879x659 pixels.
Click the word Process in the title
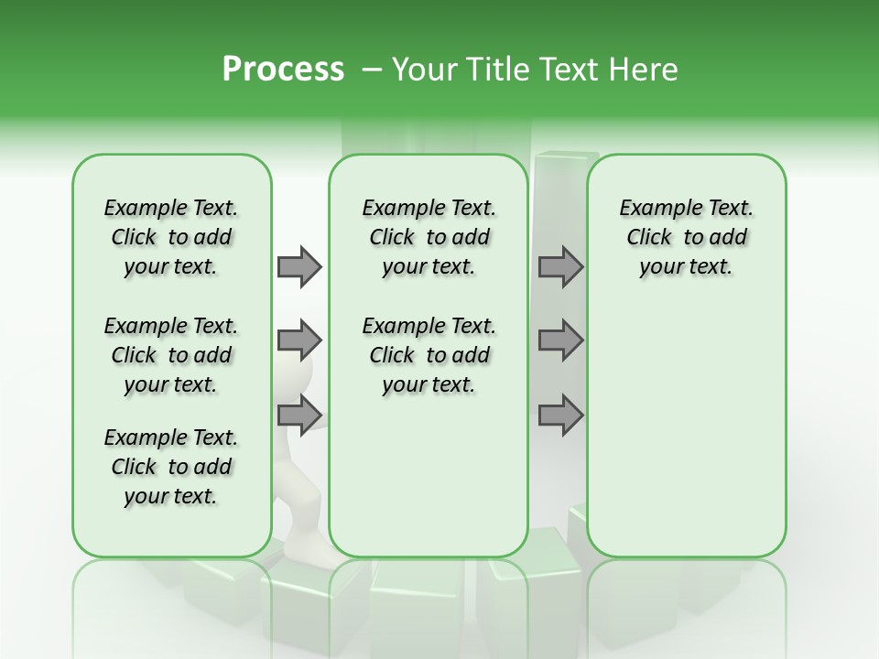click(x=283, y=70)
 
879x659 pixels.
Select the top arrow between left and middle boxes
click(x=299, y=266)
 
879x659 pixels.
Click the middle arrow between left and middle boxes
click(x=299, y=340)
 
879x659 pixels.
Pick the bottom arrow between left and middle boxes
click(x=299, y=415)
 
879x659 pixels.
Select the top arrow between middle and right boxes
click(x=560, y=266)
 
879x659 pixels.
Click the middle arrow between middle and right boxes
click(x=560, y=340)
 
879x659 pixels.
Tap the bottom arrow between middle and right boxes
click(x=560, y=415)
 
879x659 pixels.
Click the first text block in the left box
click(x=171, y=237)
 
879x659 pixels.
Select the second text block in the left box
click(x=171, y=355)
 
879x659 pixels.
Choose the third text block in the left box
click(x=171, y=467)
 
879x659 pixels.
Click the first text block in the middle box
click(x=429, y=237)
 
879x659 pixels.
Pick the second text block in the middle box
click(x=429, y=355)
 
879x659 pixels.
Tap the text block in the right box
click(x=686, y=237)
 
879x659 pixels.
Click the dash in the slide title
click(x=372, y=70)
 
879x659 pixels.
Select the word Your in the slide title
click(x=422, y=70)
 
